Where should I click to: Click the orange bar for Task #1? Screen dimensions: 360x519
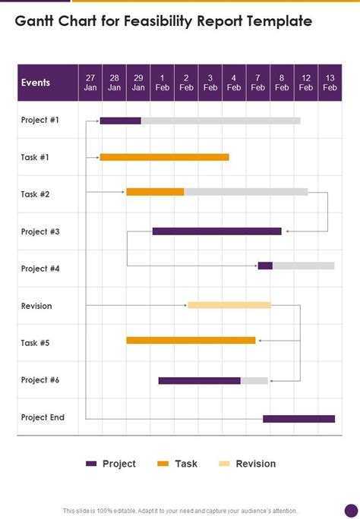point(164,157)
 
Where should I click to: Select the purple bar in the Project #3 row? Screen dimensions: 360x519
point(217,231)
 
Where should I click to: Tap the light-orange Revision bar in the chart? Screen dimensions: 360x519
point(229,305)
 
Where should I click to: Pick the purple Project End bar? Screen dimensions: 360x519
point(298,419)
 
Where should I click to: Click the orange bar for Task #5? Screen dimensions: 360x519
point(191,340)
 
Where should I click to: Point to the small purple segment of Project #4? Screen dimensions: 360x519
point(265,266)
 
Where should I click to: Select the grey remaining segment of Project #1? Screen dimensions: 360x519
point(220,121)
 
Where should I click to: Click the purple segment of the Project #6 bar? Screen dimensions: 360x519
point(200,381)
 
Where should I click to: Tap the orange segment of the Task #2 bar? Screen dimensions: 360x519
point(155,192)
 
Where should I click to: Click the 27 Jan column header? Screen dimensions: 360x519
point(90,83)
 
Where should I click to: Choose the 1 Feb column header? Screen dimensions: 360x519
point(163,83)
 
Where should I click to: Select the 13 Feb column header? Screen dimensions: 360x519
point(330,83)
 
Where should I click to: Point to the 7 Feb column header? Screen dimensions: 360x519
point(258,83)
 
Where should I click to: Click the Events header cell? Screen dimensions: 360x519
point(48,83)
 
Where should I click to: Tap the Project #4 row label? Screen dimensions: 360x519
point(40,269)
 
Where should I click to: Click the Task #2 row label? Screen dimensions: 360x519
point(35,194)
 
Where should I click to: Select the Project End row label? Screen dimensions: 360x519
point(43,417)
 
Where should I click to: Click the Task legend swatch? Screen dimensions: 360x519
point(163,464)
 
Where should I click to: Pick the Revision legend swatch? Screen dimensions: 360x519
point(224,464)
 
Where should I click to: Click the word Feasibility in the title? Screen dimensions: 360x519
point(158,21)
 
